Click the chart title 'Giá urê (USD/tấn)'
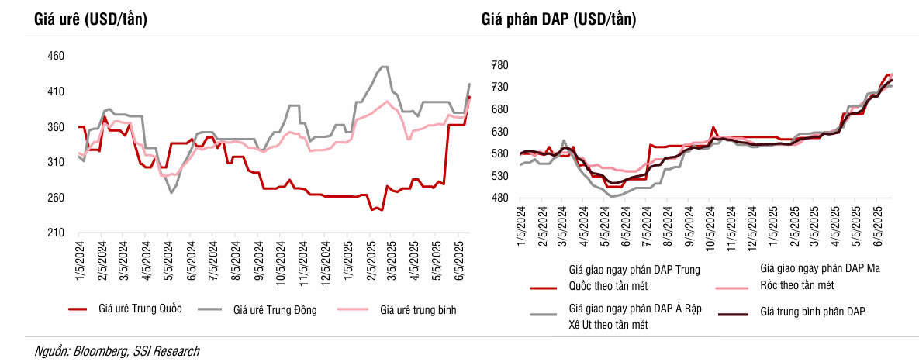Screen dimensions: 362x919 [91, 20]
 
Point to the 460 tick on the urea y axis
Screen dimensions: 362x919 [56, 57]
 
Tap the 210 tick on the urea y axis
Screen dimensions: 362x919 [56, 233]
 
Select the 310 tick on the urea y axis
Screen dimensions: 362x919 [56, 163]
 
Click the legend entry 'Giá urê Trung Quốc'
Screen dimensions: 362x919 [140, 310]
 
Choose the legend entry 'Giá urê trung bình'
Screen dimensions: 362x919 [418, 310]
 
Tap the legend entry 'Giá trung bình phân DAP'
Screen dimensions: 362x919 [813, 312]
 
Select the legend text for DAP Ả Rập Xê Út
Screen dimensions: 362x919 [635, 316]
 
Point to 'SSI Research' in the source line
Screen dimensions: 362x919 [166, 351]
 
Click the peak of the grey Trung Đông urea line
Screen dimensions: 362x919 [384, 67]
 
